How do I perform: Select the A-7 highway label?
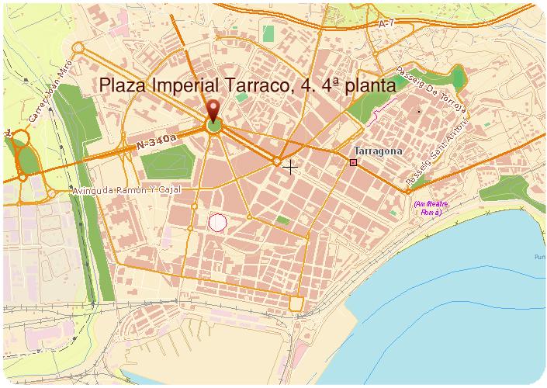coord(388,25)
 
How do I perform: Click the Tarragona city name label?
coord(378,151)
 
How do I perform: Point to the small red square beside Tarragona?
coord(354,162)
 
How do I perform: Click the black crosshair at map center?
coord(291,167)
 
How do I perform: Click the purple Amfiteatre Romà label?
coord(428,208)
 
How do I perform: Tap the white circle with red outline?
coord(218,223)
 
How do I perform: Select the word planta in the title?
coord(365,86)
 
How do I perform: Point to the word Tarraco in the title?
coord(252,86)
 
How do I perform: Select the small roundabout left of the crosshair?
coord(276,161)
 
